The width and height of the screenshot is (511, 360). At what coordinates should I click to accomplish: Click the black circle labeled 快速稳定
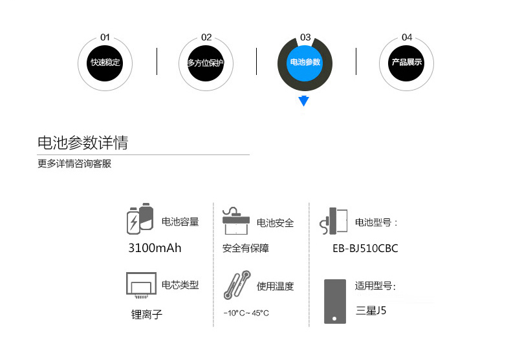105,63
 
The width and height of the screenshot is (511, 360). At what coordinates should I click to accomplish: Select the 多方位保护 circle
205,63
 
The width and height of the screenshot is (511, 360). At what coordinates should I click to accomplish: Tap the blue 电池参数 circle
305,63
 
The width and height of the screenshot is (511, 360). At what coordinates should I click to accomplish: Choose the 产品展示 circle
406,63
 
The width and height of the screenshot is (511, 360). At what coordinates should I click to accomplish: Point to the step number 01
105,37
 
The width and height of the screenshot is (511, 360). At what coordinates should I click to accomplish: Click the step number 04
406,37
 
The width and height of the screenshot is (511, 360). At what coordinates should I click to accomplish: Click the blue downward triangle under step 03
304,101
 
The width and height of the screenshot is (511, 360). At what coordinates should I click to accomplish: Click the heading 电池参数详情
83,143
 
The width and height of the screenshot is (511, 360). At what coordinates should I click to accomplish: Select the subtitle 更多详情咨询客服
74,164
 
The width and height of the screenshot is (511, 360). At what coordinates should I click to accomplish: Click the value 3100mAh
155,248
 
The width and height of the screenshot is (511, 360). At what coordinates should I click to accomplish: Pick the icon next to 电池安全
236,221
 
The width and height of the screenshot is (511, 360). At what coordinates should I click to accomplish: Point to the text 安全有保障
245,248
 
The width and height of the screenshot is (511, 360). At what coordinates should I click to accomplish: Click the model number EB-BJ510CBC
365,248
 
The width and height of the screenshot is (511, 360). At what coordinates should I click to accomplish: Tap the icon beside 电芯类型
140,285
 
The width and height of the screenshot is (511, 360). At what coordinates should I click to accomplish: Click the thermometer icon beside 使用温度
236,285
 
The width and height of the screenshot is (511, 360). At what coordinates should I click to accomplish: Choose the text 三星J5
371,310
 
